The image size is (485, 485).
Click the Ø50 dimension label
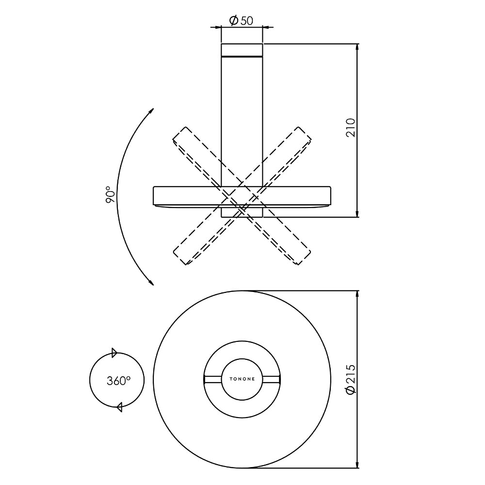coord(241,20)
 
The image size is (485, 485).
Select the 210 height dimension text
coord(351,128)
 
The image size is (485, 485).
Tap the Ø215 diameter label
coord(351,379)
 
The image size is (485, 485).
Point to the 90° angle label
coord(110,194)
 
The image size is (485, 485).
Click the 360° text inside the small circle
coord(118,380)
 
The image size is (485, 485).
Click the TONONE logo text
coord(242,379)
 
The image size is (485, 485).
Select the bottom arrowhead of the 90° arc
coord(151,282)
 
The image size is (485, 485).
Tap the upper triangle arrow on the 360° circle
coord(114,353)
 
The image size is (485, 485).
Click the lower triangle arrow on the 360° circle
coord(119,407)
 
